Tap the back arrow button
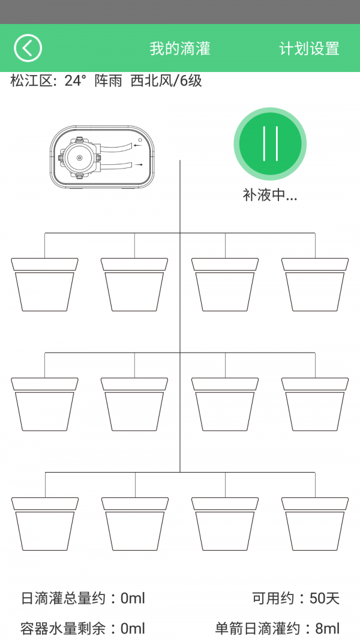28,48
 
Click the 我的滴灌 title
180,49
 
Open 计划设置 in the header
309,49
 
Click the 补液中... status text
270,195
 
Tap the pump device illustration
103,158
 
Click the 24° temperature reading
76,81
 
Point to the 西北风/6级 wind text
166,81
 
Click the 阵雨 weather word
108,81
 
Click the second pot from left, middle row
134,405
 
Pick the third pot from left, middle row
225,405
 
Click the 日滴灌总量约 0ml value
133,598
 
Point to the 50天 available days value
325,598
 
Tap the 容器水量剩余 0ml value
133,629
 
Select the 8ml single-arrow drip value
328,629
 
